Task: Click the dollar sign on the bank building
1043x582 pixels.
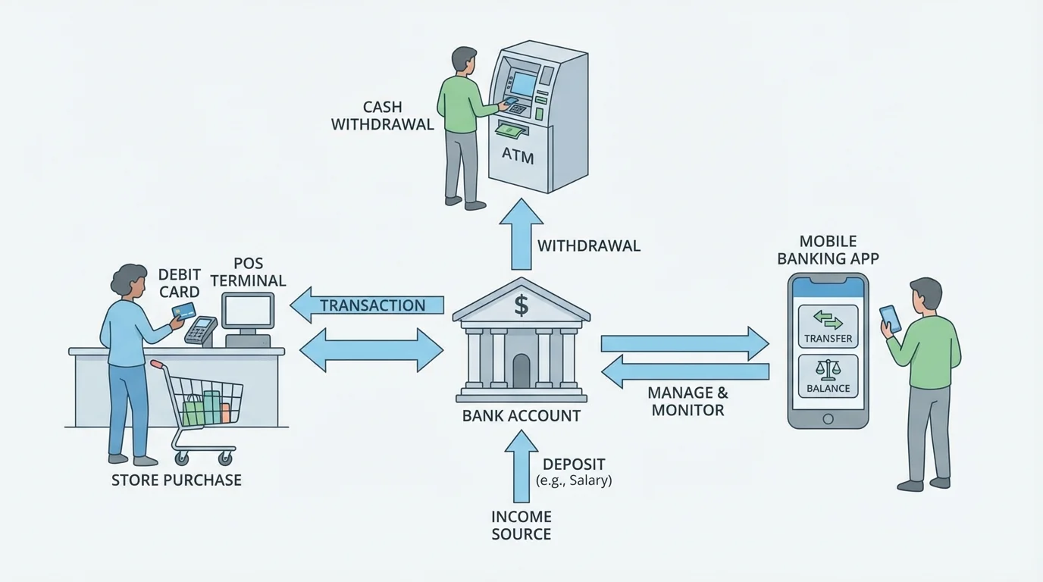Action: (x=521, y=305)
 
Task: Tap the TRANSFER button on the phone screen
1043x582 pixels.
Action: (x=828, y=325)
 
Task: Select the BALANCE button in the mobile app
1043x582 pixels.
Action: (x=828, y=376)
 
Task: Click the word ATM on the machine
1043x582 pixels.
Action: (x=518, y=157)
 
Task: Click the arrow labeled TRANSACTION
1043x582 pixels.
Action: (x=368, y=305)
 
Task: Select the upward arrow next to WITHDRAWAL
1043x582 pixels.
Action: (x=521, y=234)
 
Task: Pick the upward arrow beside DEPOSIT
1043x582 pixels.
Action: (x=521, y=466)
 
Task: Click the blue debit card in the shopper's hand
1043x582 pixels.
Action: (x=183, y=311)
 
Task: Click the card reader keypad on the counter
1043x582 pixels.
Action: (x=200, y=330)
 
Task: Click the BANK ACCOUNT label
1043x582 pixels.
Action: (x=521, y=416)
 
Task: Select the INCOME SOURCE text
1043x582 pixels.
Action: (x=521, y=525)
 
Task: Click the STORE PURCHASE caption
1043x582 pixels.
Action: (x=176, y=480)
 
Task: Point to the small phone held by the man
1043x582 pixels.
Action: (x=891, y=318)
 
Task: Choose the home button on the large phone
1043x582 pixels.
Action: (x=828, y=419)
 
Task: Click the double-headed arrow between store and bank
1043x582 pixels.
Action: (x=371, y=350)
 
